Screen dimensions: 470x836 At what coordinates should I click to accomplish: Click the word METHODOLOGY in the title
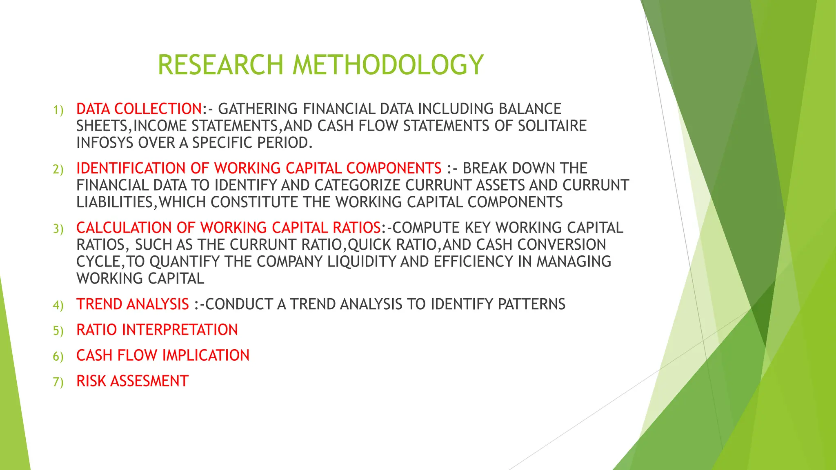[x=388, y=65]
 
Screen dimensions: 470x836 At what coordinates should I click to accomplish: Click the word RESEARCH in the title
[x=220, y=65]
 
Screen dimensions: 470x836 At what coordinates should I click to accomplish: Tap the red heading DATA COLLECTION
[x=139, y=109]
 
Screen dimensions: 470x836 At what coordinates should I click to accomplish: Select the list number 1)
[x=58, y=110]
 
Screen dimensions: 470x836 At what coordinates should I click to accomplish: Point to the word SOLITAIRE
[x=552, y=126]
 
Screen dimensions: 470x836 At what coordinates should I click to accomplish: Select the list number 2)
[x=58, y=169]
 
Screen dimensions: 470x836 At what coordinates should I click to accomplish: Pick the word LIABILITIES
[x=114, y=202]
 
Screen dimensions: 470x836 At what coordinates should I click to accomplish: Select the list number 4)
[x=58, y=305]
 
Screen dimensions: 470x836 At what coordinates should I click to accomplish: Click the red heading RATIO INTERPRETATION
[x=157, y=330]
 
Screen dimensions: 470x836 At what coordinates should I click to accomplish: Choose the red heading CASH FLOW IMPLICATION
[x=162, y=355]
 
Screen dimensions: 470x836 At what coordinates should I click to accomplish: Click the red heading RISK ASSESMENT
[x=132, y=381]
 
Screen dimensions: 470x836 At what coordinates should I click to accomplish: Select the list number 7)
[x=58, y=382]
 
